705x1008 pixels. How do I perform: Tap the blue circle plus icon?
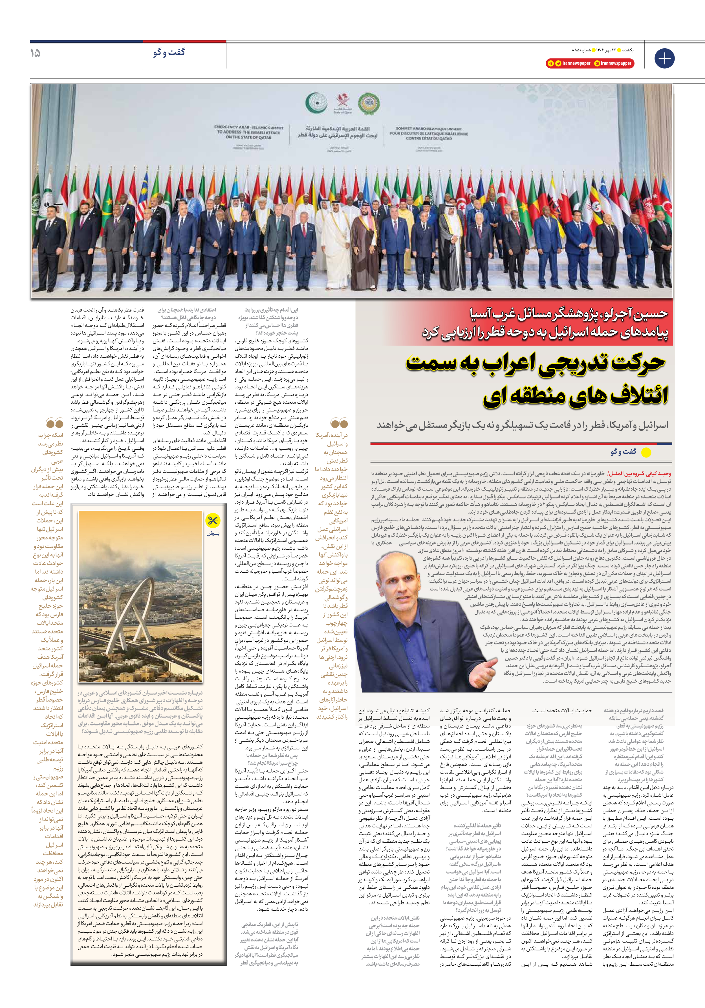tap(664, 58)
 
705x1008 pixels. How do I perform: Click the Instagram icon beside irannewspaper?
tap(597, 63)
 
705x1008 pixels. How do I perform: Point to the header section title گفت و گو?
tap(169, 52)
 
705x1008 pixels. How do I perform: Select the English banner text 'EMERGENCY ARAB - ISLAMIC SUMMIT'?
tap(248, 127)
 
